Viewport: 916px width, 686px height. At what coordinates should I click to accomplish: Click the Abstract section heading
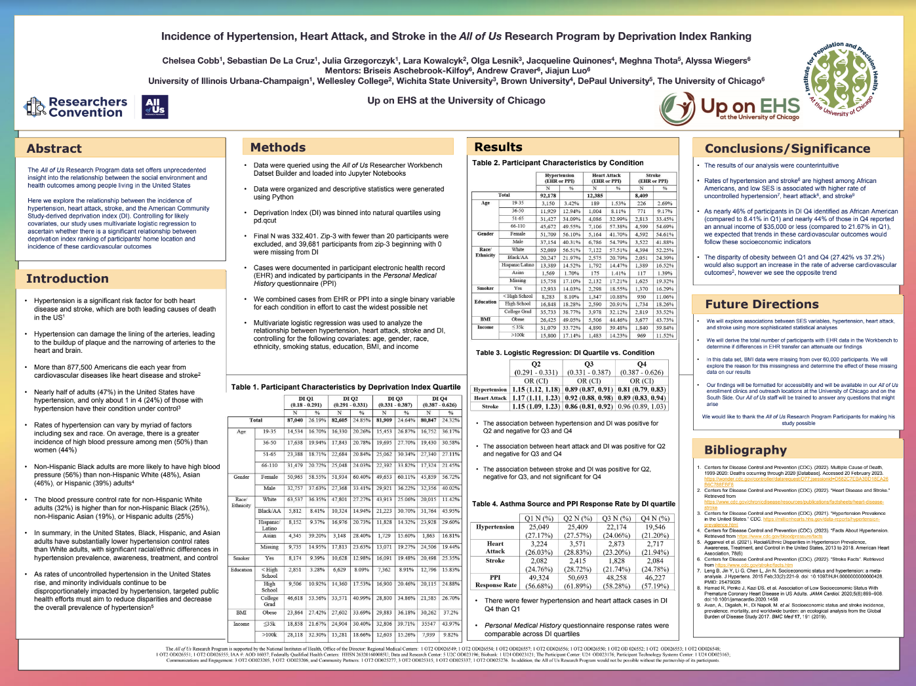pyautogui.click(x=54, y=149)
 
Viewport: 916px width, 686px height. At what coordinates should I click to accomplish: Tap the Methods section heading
pyautogui.click(x=278, y=148)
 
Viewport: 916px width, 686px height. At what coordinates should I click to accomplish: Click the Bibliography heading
pyautogui.click(x=746, y=450)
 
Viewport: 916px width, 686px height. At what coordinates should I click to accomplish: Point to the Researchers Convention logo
pyautogui.click(x=76, y=107)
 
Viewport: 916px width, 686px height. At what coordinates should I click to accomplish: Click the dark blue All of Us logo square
pyautogui.click(x=155, y=106)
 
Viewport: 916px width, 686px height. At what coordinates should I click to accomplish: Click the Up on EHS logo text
pyautogui.click(x=750, y=107)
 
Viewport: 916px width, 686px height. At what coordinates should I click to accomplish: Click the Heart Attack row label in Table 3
pyautogui.click(x=490, y=398)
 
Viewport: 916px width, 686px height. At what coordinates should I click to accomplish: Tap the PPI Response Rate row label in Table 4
pyautogui.click(x=496, y=581)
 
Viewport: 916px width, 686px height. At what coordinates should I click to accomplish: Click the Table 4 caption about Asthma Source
pyautogui.click(x=574, y=504)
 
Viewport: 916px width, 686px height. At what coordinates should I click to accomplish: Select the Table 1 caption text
pyautogui.click(x=346, y=387)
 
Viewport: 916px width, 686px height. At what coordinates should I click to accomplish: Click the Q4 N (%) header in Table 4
pyautogui.click(x=654, y=518)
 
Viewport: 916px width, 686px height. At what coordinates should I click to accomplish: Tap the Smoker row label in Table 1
pyautogui.click(x=241, y=558)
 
